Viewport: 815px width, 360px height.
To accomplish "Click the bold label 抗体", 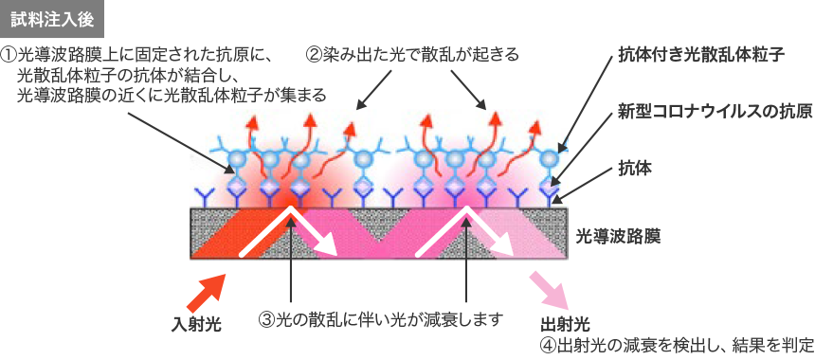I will point(632,167).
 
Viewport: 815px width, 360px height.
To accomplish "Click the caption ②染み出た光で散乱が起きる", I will point(412,55).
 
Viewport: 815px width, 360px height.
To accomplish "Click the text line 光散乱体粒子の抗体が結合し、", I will point(133,76).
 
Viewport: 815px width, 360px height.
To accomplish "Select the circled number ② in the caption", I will point(313,55).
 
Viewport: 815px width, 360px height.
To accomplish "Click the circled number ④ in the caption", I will point(547,343).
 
